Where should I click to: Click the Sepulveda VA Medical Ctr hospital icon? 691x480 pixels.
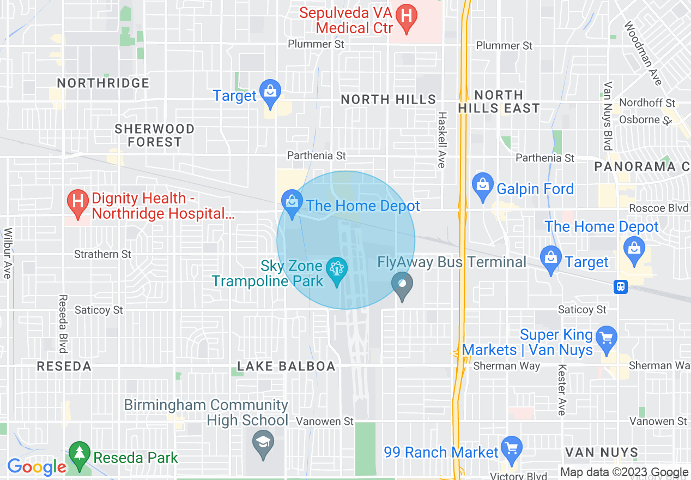pos(406,16)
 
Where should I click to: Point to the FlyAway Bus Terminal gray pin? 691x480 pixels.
pos(402,284)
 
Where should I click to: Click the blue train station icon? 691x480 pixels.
pos(621,286)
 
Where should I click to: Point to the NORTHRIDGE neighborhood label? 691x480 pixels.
pos(103,83)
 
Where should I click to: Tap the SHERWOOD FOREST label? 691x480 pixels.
pos(155,135)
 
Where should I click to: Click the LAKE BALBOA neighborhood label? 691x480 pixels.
pos(286,367)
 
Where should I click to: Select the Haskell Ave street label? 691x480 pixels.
pos(442,140)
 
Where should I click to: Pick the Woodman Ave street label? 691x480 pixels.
pos(643,53)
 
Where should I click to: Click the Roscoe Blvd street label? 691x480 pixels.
pos(654,208)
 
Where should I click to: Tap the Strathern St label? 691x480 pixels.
pos(102,254)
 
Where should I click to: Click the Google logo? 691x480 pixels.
pos(37,467)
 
